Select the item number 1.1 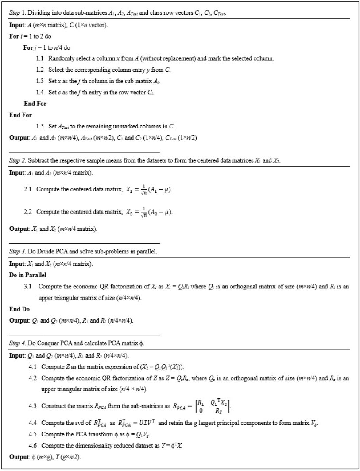click(x=40, y=58)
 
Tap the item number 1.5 click(x=40, y=125)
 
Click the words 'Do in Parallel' click(x=27, y=275)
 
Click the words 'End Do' click(x=19, y=309)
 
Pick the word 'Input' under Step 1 click(x=17, y=25)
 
